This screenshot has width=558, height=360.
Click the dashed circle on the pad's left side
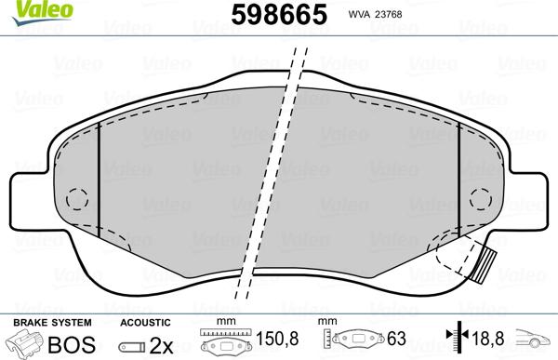[76, 199]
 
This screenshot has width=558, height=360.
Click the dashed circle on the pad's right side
[481, 199]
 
